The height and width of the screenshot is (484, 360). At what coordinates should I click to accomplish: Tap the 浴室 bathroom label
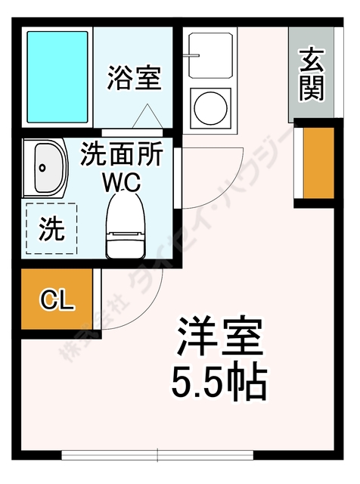point(134,77)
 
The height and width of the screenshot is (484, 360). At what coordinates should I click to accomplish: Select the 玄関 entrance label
point(311,74)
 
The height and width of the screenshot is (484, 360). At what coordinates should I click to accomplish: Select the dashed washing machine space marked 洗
point(51,226)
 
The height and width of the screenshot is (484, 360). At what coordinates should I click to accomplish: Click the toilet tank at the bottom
point(125,244)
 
